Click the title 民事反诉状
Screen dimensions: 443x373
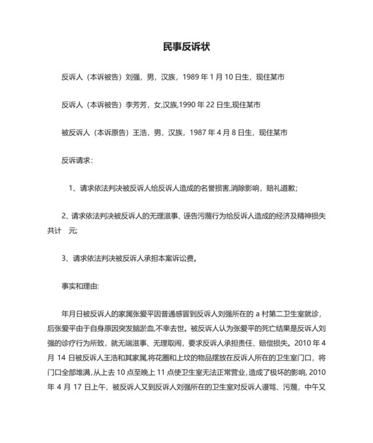186,47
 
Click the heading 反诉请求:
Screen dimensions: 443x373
77,161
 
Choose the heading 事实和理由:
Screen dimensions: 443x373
80,286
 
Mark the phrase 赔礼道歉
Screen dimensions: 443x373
282,189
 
